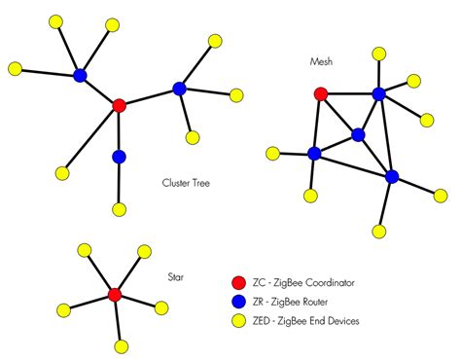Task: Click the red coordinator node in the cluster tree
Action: coord(119,105)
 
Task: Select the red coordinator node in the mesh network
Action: coord(321,94)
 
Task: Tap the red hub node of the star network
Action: coord(114,294)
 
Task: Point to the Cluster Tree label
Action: coord(189,181)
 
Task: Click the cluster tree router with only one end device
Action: coord(119,157)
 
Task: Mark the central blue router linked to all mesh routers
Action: coord(359,134)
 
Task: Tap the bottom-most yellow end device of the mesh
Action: coord(377,231)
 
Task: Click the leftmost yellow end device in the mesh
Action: coord(273,152)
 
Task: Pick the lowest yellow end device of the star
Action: coord(122,346)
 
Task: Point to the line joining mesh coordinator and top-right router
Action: coord(350,94)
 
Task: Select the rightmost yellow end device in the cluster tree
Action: coord(235,95)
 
